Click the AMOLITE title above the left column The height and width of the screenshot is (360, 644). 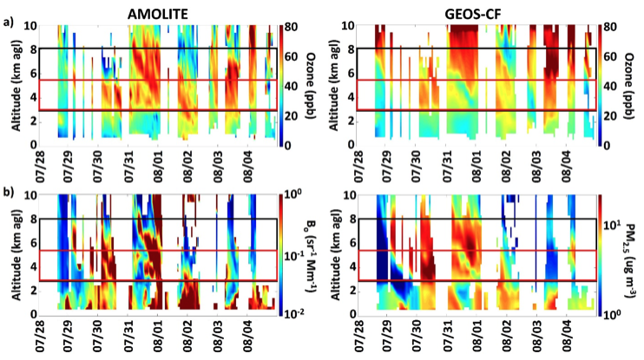[x=158, y=10]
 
